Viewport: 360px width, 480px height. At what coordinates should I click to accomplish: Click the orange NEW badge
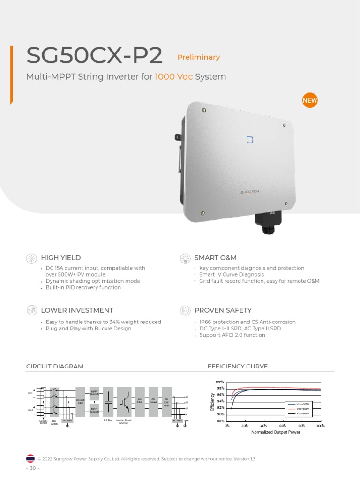[309, 100]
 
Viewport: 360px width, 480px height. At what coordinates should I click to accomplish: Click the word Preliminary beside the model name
[198, 57]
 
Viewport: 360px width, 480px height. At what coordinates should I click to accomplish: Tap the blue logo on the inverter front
[250, 139]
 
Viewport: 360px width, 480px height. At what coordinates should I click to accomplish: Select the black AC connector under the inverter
[266, 220]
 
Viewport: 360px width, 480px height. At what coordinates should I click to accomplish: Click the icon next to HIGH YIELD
[31, 258]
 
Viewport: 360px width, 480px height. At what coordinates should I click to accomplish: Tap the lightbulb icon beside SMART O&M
[185, 258]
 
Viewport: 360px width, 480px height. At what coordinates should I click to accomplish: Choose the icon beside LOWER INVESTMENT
[31, 310]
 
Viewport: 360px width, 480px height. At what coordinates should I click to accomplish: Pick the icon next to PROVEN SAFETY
[185, 310]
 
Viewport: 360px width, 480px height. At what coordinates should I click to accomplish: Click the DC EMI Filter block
[80, 401]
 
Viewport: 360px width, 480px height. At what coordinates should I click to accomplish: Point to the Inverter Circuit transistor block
[124, 401]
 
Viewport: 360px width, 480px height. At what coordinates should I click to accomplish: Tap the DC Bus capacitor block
[108, 401]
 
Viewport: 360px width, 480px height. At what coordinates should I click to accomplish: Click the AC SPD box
[177, 420]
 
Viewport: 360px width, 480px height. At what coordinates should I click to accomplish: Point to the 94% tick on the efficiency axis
[220, 401]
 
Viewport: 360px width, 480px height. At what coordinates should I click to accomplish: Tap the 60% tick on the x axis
[283, 426]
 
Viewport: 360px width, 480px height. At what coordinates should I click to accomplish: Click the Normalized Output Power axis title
[276, 432]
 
